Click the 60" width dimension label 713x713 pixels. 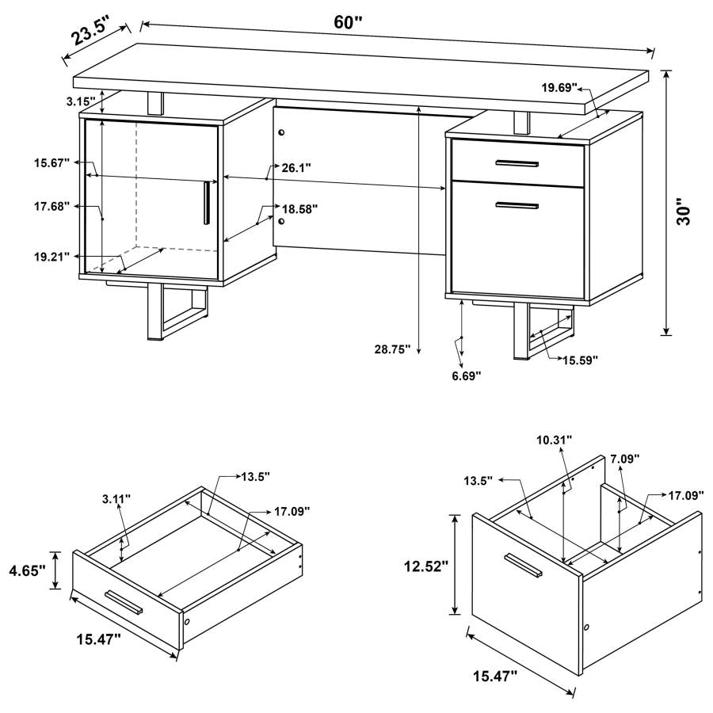click(348, 22)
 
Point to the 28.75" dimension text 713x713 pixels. click(391, 349)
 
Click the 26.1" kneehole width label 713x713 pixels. click(296, 167)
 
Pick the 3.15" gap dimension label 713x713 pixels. click(80, 101)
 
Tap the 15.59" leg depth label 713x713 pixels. click(581, 360)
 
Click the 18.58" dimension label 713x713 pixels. click(300, 209)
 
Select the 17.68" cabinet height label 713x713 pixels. click(51, 206)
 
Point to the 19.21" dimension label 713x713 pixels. click(51, 256)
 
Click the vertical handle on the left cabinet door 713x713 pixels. click(205, 203)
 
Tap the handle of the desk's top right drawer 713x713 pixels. click(517, 163)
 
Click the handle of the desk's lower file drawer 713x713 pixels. click(517, 206)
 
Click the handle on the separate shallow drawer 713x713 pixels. click(124, 601)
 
